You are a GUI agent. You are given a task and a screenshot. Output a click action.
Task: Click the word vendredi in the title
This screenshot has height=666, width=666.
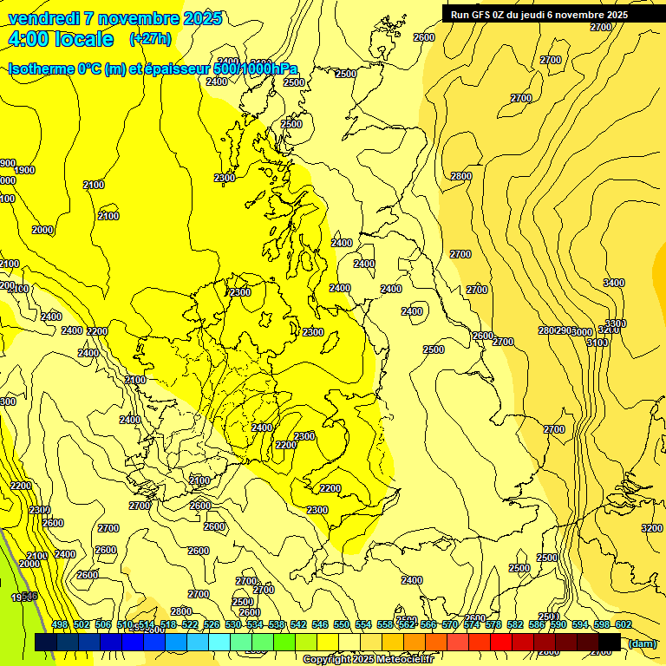point(42,18)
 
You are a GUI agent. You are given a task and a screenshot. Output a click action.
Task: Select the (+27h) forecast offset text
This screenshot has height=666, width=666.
point(150,39)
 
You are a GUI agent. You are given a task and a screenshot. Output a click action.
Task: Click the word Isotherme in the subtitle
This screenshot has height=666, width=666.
point(42,69)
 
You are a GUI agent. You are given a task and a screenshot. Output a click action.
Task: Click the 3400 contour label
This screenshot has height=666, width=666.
point(614,283)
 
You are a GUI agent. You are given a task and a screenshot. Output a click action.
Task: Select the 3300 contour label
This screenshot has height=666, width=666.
point(616,323)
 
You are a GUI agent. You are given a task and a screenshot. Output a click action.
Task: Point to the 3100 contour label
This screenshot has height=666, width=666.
point(597,343)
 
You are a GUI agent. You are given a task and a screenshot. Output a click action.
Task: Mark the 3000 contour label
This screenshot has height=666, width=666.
point(581,332)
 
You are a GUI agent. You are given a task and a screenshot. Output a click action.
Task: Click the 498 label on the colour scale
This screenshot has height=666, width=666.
point(60,624)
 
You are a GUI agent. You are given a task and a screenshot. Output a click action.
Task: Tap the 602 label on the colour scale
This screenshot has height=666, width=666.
point(624,624)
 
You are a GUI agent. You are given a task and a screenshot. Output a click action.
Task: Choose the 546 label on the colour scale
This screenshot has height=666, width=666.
point(320,624)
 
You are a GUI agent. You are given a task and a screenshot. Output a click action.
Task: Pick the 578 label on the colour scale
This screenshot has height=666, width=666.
point(493,624)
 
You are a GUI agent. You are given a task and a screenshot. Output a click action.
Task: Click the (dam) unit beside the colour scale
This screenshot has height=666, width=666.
point(642,643)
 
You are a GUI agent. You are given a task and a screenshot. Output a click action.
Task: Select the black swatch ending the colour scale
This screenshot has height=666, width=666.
point(610,642)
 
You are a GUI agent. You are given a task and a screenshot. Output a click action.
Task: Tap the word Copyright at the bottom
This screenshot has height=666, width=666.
point(328,660)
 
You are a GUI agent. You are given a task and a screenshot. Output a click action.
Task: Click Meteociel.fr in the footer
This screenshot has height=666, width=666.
point(405,660)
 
